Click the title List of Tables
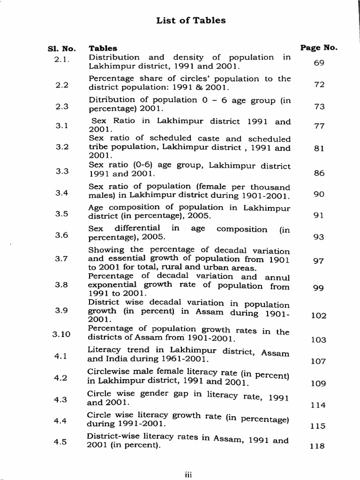pyautogui.click(x=191, y=21)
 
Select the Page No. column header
pyautogui.click(x=319, y=47)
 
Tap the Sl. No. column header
pyautogui.click(x=61, y=48)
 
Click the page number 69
pyautogui.click(x=319, y=63)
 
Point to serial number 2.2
pyautogui.click(x=62, y=85)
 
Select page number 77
pyautogui.click(x=319, y=126)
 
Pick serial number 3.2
pyautogui.click(x=62, y=147)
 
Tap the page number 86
pyautogui.click(x=319, y=173)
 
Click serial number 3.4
pyautogui.click(x=62, y=193)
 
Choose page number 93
pyautogui.click(x=319, y=237)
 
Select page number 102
pyautogui.click(x=319, y=316)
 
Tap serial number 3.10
pyautogui.click(x=61, y=334)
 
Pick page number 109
pyautogui.click(x=318, y=383)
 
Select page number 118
pyautogui.click(x=318, y=446)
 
